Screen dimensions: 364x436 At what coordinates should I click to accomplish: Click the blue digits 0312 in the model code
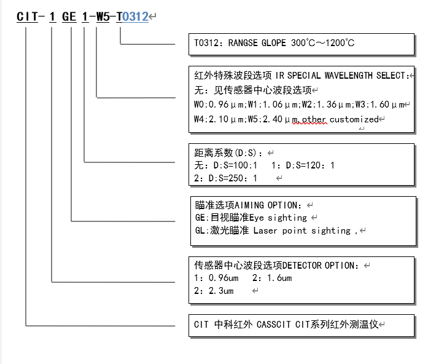(136, 17)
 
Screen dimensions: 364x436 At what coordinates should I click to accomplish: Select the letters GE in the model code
(69, 17)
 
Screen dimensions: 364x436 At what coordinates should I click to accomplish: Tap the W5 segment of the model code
(102, 17)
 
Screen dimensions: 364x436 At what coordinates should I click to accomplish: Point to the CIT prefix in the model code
(28, 17)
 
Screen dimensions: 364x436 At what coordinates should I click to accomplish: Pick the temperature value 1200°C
(337, 44)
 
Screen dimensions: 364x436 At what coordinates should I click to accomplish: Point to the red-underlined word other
(314, 119)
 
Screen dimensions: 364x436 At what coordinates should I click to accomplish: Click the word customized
(355, 119)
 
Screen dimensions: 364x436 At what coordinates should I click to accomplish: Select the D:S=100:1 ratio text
(236, 165)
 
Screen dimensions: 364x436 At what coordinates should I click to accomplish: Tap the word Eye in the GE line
(259, 218)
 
